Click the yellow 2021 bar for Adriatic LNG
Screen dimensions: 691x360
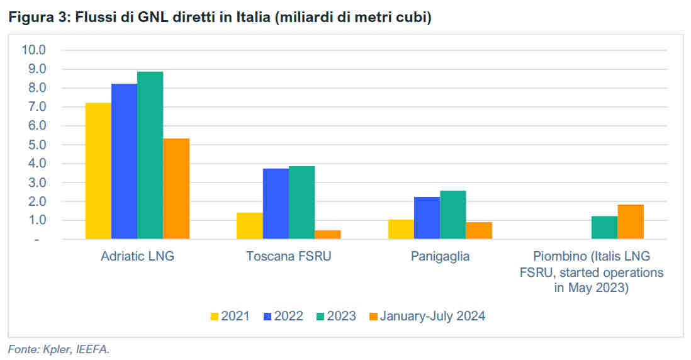(98, 171)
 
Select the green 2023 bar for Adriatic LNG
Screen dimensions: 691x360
(150, 155)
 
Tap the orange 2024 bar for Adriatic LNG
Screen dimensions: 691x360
(176, 189)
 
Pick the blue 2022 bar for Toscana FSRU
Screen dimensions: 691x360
(276, 204)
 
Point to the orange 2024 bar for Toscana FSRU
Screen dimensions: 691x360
(328, 235)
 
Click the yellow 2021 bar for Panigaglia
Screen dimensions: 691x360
(401, 230)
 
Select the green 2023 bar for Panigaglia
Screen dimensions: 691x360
(453, 215)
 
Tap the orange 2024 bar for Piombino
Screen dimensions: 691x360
(631, 222)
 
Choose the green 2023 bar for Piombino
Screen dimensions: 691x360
(605, 228)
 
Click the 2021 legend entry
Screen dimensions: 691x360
(230, 316)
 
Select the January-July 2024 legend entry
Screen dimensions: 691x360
(427, 316)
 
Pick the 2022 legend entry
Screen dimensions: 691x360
(283, 316)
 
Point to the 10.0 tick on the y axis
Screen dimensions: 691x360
(34, 50)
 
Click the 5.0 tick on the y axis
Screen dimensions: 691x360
(37, 145)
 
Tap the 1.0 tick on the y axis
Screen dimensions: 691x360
(37, 220)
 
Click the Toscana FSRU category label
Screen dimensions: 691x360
(289, 256)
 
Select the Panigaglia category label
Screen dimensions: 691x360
(440, 256)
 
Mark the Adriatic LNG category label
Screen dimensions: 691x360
(137, 256)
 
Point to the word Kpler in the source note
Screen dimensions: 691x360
(57, 349)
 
